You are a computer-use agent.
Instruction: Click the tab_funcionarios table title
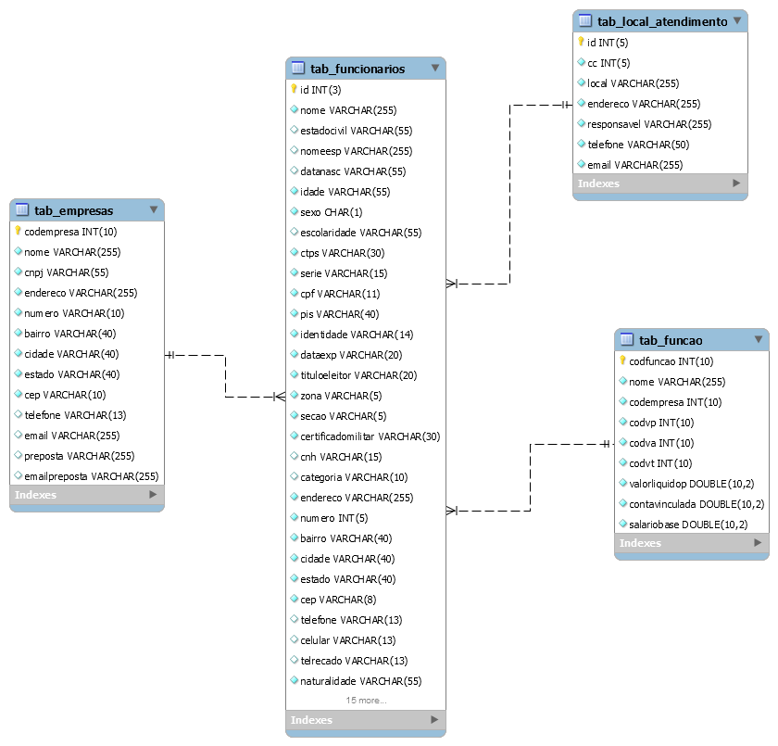(x=358, y=69)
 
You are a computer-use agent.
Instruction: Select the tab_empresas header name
(x=73, y=211)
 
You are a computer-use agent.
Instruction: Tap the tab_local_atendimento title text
(x=662, y=22)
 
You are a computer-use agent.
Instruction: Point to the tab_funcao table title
(x=671, y=340)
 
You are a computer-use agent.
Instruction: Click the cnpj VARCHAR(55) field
(x=67, y=272)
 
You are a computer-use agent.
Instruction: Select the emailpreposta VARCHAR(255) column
(x=92, y=476)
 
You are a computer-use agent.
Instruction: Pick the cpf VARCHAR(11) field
(x=340, y=294)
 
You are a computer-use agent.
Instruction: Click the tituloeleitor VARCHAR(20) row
(x=358, y=375)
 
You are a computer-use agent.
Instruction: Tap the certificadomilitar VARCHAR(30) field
(x=370, y=436)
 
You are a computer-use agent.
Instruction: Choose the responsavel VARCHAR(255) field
(x=649, y=124)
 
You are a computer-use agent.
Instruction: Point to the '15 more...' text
(x=366, y=701)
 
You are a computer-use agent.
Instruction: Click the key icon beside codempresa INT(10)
(x=18, y=231)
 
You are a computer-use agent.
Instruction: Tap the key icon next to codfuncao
(x=622, y=360)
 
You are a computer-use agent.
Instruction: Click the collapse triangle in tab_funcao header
(x=759, y=339)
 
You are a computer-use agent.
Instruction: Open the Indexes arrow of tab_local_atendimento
(x=736, y=183)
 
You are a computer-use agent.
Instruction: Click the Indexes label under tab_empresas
(x=36, y=495)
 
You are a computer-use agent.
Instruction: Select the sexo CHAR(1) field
(x=331, y=212)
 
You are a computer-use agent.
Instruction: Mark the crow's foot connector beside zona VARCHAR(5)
(x=280, y=397)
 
